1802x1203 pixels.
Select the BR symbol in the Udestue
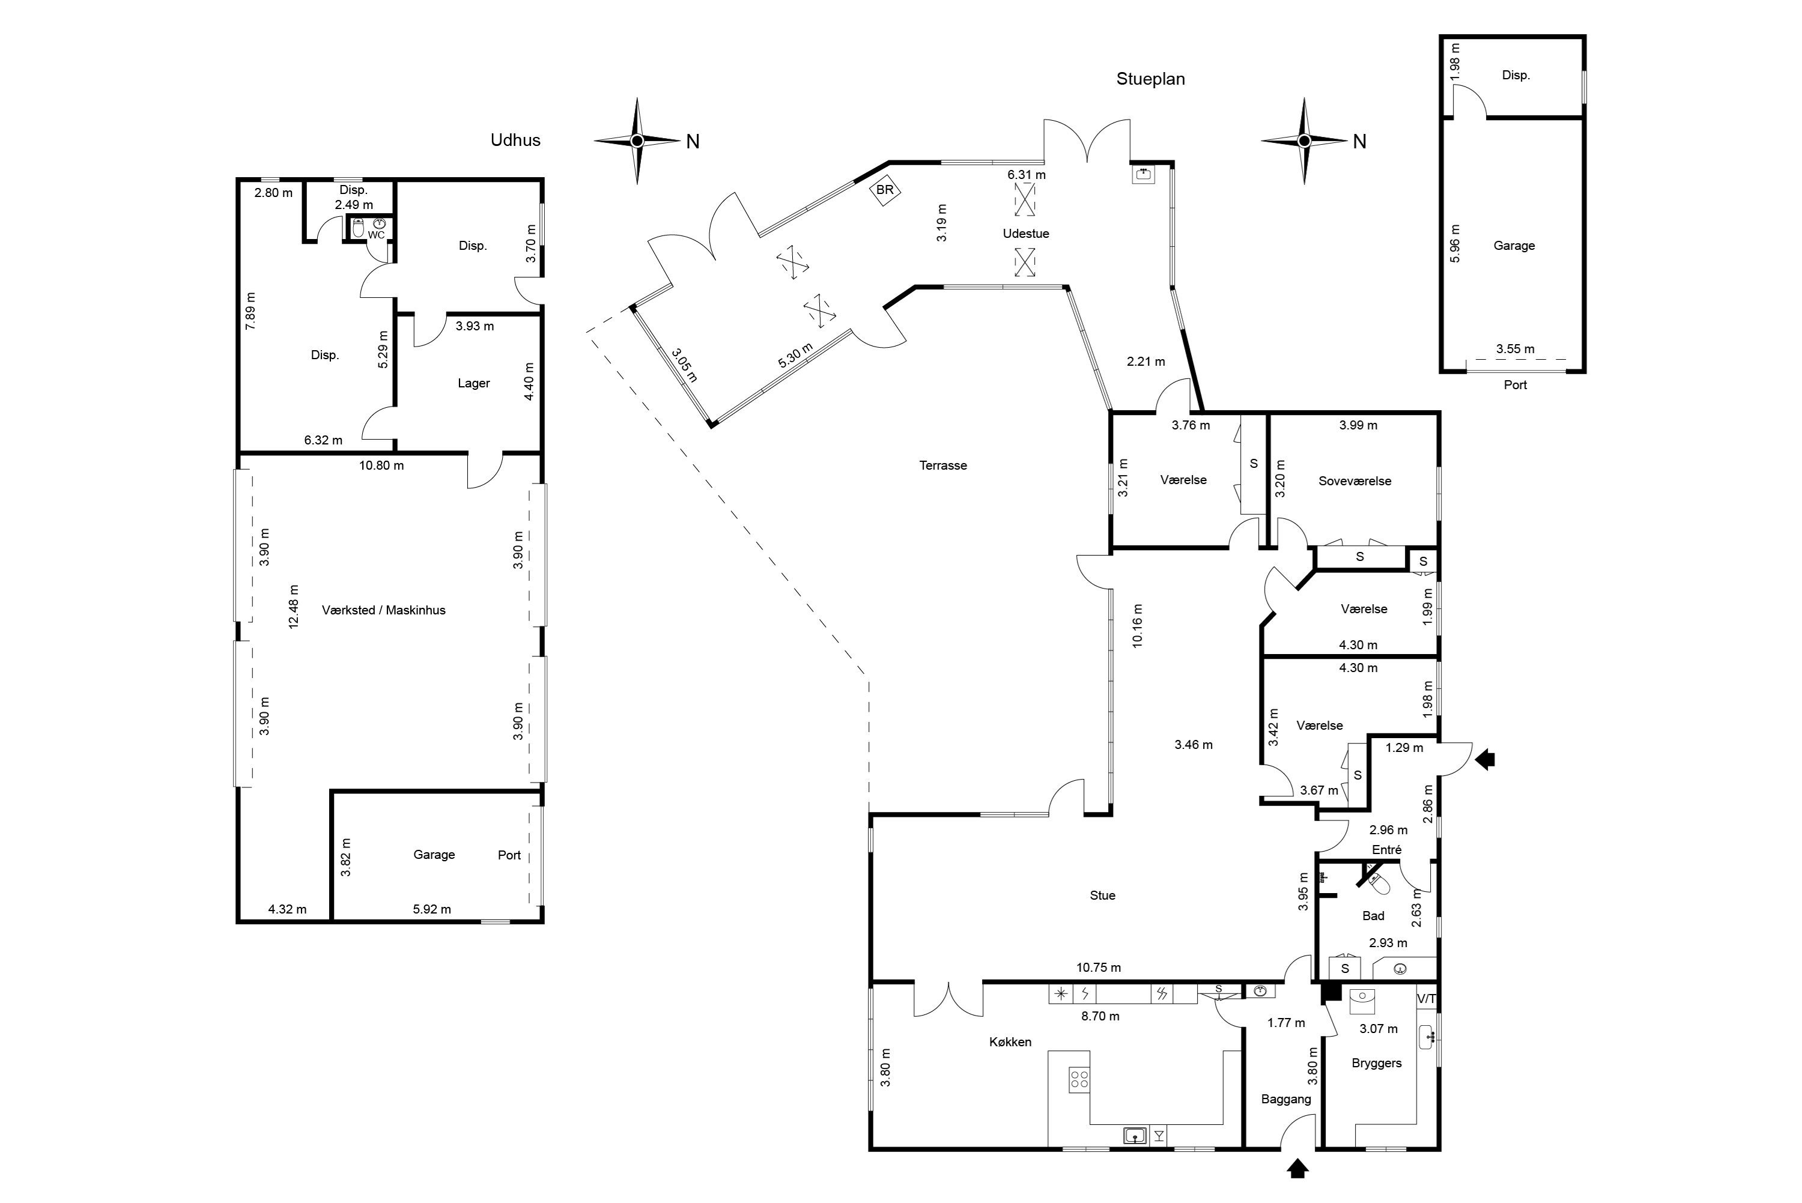[x=885, y=190]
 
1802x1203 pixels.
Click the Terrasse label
[x=943, y=465]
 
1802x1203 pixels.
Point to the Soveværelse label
[x=1355, y=481]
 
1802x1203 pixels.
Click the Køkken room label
[x=1010, y=1042]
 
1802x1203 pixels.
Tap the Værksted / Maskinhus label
[x=384, y=610]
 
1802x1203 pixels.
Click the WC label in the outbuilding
[x=376, y=235]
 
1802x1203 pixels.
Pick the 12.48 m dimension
[x=293, y=606]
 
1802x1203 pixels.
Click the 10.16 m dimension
[x=1137, y=625]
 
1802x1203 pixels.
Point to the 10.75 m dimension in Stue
[x=1099, y=968]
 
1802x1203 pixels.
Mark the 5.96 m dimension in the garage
[x=1455, y=243]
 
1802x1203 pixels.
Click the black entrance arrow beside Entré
[x=1485, y=760]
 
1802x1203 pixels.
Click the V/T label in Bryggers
[x=1426, y=998]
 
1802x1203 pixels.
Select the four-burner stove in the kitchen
[x=1079, y=1079]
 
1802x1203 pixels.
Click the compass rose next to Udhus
[x=637, y=141]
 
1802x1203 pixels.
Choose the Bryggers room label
[x=1376, y=1064]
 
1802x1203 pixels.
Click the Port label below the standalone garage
[x=1515, y=385]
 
